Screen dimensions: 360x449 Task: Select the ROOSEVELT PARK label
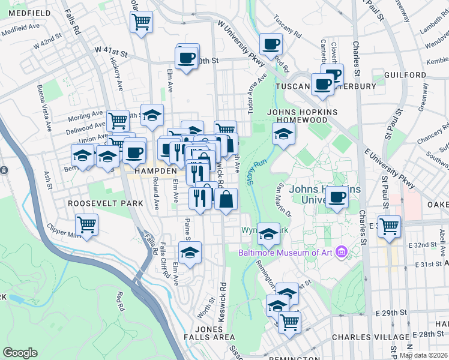(x=105, y=203)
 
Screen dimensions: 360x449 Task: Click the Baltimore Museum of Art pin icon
(x=341, y=252)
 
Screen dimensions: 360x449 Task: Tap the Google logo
(x=20, y=353)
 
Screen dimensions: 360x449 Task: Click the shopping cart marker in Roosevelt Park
(x=87, y=225)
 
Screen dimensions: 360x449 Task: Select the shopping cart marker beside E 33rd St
(x=390, y=226)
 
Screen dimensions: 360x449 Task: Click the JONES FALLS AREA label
(x=214, y=333)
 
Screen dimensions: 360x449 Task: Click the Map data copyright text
(x=423, y=355)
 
